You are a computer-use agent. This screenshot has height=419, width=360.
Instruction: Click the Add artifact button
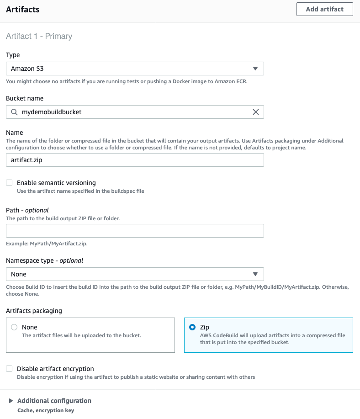pos(324,9)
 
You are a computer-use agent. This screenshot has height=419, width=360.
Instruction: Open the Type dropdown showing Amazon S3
pos(135,69)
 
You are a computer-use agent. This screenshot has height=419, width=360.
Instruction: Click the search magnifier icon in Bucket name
pos(14,112)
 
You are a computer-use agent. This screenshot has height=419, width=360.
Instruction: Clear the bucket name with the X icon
pos(256,112)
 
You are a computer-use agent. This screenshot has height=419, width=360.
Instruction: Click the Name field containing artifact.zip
pos(135,160)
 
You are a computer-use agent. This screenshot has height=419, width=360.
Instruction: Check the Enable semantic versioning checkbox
pos(9,183)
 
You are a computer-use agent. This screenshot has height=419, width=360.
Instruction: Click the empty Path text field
pos(135,231)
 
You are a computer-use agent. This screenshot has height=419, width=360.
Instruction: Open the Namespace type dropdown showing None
pos(135,274)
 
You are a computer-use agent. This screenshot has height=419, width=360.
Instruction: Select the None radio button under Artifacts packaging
pos(14,327)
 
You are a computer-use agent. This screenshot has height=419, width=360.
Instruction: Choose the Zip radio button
pos(192,327)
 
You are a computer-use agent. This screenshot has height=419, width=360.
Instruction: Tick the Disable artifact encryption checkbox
pos(9,369)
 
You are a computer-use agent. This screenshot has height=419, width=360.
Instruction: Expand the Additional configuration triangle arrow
pos(11,401)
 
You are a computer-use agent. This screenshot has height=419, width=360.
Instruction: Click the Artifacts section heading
pos(22,9)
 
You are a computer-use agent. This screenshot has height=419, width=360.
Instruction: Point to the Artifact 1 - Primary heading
pos(39,36)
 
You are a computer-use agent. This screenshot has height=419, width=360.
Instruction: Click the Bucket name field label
pos(25,98)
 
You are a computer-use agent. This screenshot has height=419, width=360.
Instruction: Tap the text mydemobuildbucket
pos(52,112)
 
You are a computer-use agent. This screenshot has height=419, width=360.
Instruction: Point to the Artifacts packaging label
pos(34,311)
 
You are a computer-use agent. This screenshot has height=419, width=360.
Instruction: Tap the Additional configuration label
pos(54,401)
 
